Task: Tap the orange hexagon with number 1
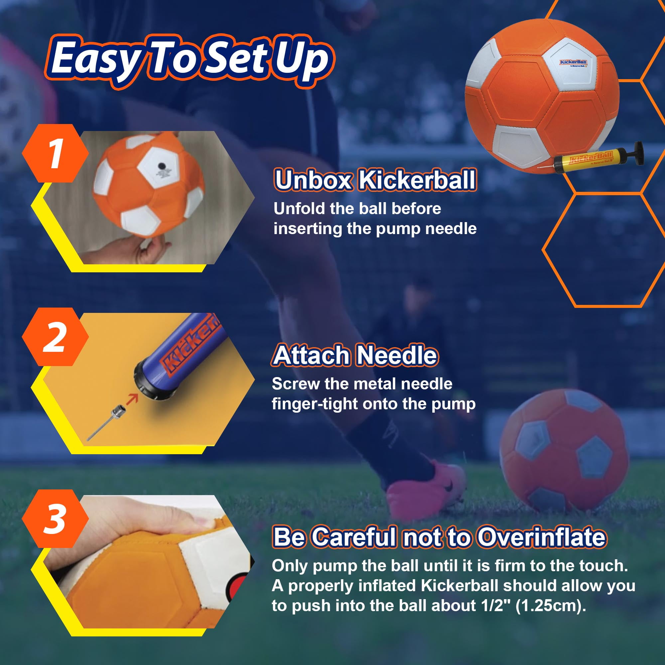coord(55,153)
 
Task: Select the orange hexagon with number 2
coord(55,336)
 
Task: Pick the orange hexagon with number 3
coord(55,518)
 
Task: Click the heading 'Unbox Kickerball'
coord(375,180)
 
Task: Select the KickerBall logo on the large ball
coord(573,63)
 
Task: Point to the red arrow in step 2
coord(132,399)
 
